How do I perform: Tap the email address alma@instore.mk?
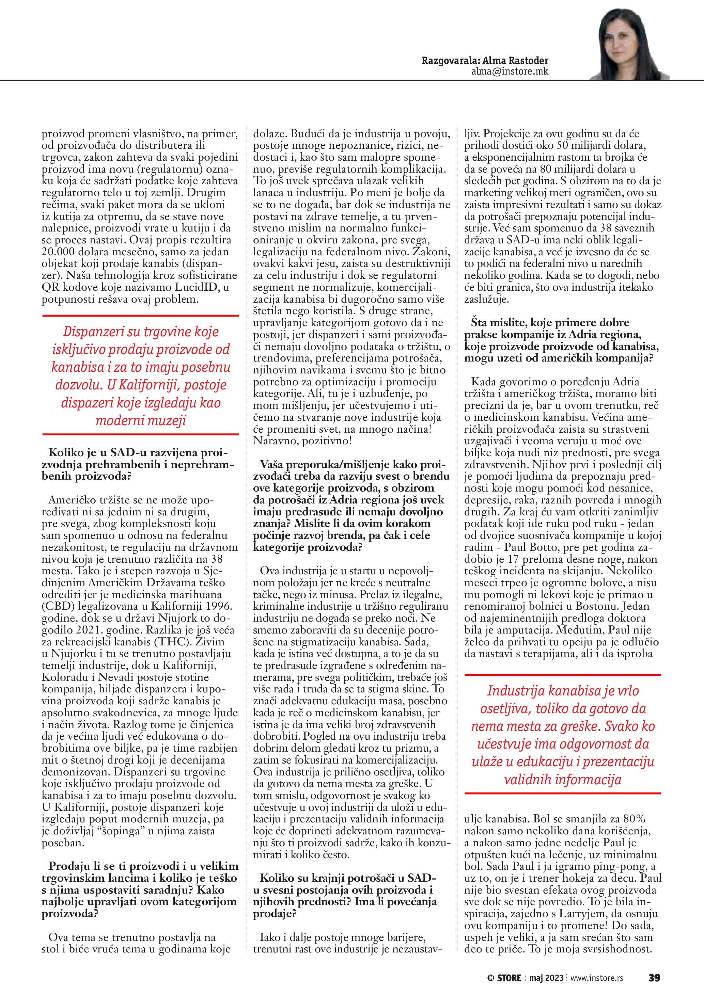[510, 71]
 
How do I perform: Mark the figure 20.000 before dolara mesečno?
[63, 252]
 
